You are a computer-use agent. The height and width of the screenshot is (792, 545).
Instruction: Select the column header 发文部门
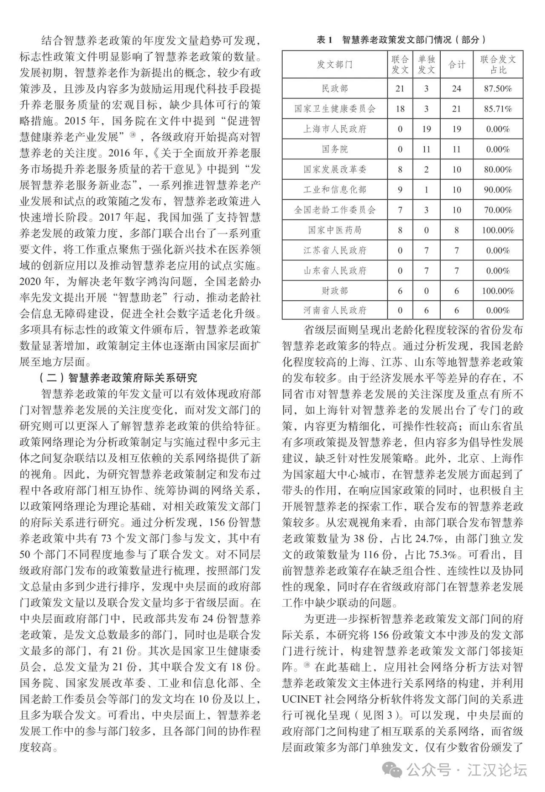tap(335, 65)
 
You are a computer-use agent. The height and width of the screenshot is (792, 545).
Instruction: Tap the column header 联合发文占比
tap(498, 65)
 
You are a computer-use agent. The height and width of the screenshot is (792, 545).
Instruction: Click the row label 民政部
tap(335, 89)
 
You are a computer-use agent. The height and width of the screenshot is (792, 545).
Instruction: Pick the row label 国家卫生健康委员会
tap(335, 109)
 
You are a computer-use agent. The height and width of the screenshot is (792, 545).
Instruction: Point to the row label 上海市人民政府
tap(335, 129)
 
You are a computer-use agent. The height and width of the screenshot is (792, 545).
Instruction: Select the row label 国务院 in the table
tap(335, 150)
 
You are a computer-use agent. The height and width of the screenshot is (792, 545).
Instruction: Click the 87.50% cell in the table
tap(498, 89)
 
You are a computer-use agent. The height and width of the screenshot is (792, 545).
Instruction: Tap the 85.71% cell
tap(498, 109)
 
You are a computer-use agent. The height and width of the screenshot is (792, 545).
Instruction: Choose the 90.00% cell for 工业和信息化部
tap(498, 190)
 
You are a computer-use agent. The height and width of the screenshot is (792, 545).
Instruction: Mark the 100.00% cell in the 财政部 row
tap(498, 291)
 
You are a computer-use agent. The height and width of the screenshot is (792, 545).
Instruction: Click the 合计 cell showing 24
tap(456, 89)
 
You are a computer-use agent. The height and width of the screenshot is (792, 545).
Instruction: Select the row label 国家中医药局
tap(335, 230)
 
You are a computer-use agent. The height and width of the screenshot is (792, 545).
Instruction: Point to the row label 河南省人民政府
tap(335, 311)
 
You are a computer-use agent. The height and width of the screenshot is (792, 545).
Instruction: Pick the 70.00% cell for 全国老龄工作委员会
tap(498, 210)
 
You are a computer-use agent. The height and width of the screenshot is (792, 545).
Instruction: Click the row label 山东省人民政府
tap(335, 271)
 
